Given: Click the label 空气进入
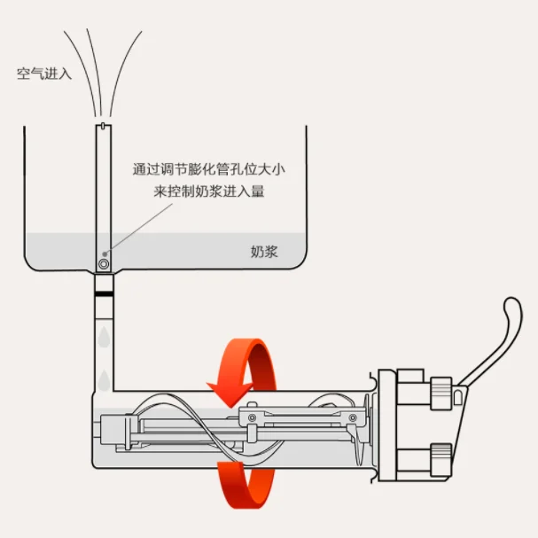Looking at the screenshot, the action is [x=44, y=74].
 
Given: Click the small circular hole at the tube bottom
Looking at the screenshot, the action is [x=105, y=264].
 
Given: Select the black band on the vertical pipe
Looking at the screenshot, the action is [x=105, y=290].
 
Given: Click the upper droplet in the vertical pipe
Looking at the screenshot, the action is [x=105, y=337].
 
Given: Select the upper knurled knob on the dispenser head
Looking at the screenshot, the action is [x=441, y=390].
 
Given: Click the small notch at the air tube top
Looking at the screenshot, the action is [x=105, y=127].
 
